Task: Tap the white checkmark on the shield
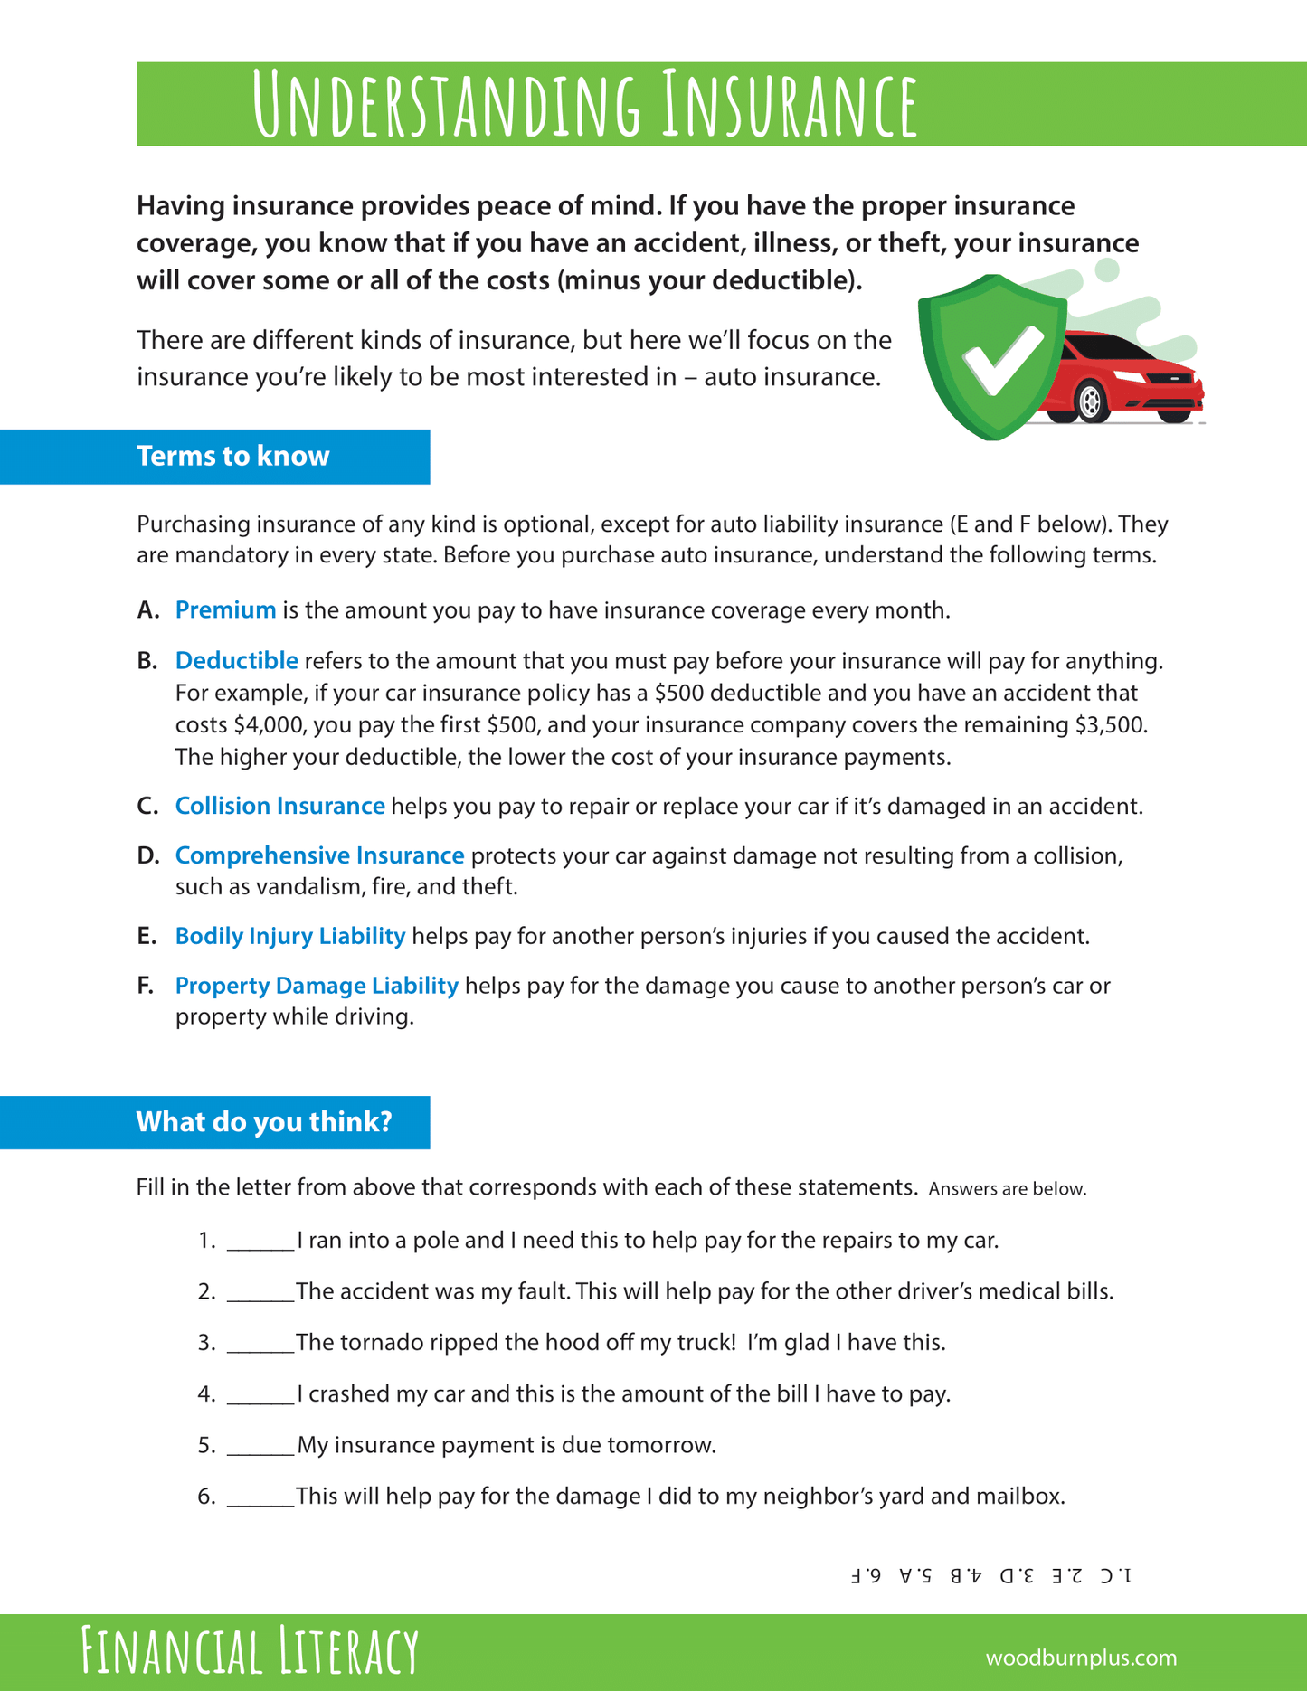pyautogui.click(x=1002, y=360)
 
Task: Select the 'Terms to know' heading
pyautogui.click(x=232, y=456)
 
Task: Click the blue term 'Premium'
pyautogui.click(x=225, y=610)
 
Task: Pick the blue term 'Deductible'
pyautogui.click(x=236, y=661)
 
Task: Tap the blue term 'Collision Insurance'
pyautogui.click(x=279, y=806)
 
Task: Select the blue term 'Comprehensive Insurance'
pyautogui.click(x=319, y=855)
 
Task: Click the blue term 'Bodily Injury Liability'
pyautogui.click(x=289, y=936)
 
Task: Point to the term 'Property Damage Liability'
pyautogui.click(x=317, y=986)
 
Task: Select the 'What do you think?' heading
pyautogui.click(x=263, y=1122)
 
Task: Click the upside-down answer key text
pyautogui.click(x=990, y=1575)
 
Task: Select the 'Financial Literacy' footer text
pyautogui.click(x=250, y=1651)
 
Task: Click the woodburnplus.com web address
pyautogui.click(x=1081, y=1658)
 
